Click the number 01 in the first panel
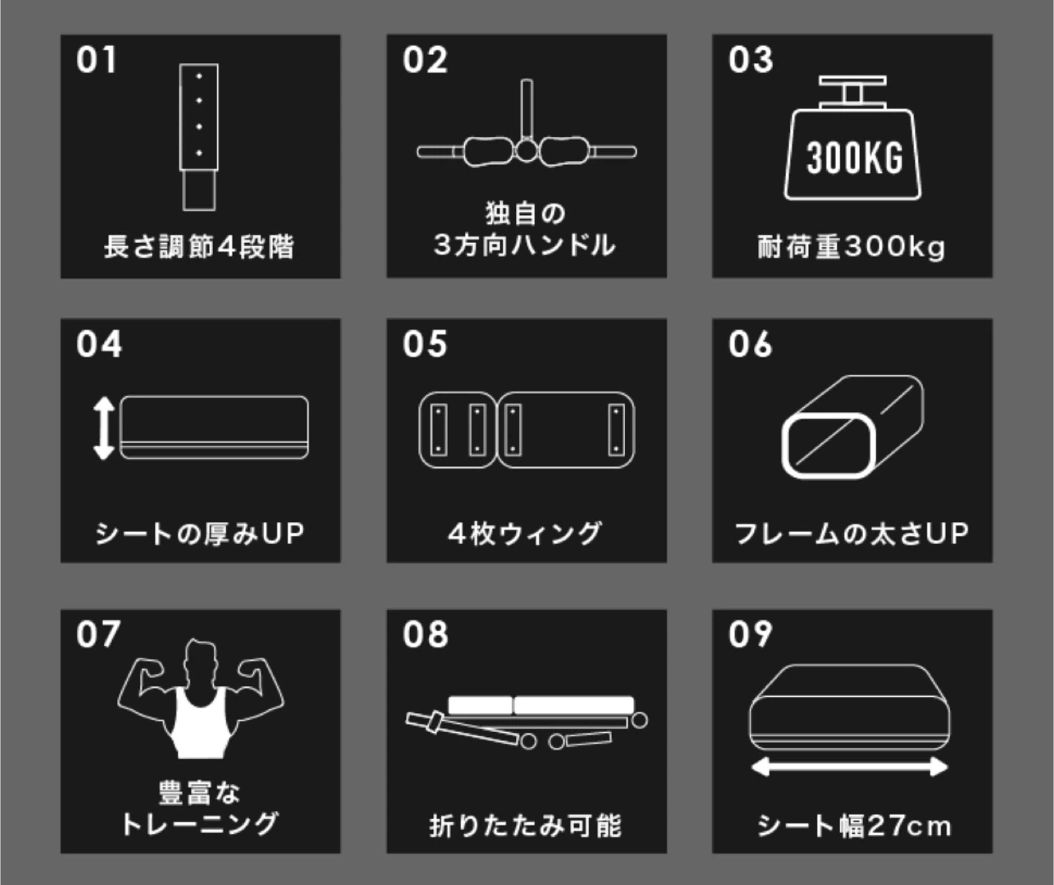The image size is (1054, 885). coord(97,60)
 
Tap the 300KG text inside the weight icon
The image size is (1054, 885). coord(854,158)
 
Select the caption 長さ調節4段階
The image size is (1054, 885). coord(199,247)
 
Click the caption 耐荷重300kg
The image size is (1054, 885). coord(851,247)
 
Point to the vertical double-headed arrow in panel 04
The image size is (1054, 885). coord(103,428)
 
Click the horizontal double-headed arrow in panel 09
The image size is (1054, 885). coord(850,767)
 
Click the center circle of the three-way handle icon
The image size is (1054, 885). coord(526,151)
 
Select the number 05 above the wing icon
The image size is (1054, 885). coord(425,344)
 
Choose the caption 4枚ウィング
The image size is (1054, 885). coord(525,534)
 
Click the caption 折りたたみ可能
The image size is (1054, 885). coord(525,826)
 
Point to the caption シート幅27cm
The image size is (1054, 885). coord(854,826)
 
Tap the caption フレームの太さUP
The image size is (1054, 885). coord(851,534)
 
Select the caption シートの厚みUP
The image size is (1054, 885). coord(200,534)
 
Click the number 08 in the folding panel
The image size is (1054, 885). coord(425,635)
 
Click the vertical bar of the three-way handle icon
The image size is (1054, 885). coord(526,108)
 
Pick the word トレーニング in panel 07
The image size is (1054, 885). coord(200,824)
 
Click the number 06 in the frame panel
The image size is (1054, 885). coord(750,344)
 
